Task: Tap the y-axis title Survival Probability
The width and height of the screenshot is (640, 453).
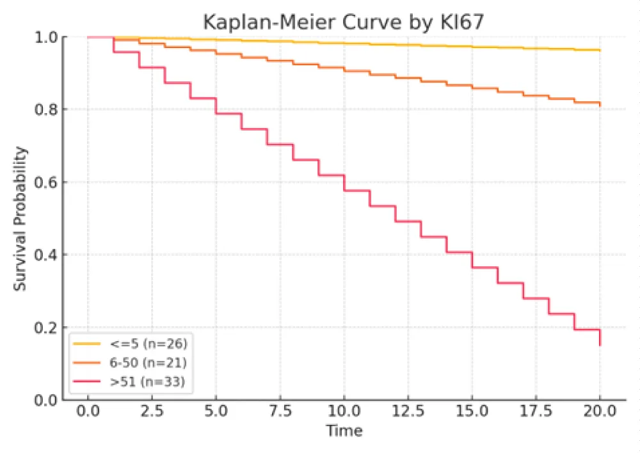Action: (22, 219)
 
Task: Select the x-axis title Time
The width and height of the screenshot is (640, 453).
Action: (344, 431)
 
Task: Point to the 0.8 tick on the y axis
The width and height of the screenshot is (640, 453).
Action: (46, 109)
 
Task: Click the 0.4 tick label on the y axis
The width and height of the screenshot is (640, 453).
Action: (46, 255)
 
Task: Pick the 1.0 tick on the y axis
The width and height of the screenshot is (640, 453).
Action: (46, 37)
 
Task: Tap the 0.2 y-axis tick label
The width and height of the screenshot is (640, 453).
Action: (46, 328)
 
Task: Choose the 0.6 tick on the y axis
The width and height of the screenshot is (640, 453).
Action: (46, 182)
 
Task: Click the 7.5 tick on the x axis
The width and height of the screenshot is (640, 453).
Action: (280, 410)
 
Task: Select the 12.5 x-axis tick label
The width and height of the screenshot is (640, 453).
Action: (408, 410)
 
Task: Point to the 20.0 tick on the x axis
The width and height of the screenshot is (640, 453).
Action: (600, 410)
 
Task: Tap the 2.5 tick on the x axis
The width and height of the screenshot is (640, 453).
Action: (152, 410)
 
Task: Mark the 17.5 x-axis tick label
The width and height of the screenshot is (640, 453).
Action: (536, 410)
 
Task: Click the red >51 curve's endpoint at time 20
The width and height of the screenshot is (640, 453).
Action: (600, 346)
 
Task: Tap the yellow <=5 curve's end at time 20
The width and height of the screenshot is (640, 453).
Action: (600, 50)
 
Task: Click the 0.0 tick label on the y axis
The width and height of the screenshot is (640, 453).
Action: (46, 400)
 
